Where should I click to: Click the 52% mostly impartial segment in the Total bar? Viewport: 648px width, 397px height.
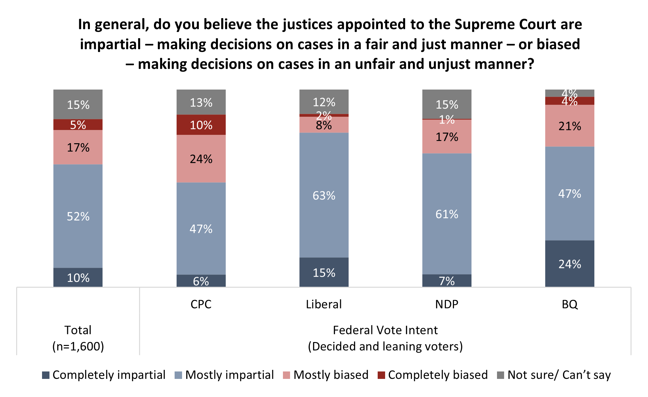click(x=78, y=216)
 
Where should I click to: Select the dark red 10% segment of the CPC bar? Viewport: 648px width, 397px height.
click(x=201, y=125)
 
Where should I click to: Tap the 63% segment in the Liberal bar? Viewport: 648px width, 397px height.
click(x=324, y=195)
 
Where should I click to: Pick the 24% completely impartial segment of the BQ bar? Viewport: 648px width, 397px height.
click(x=569, y=264)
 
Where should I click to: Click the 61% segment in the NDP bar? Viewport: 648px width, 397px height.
click(x=447, y=214)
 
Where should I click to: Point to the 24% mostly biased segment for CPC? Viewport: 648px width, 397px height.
click(x=201, y=159)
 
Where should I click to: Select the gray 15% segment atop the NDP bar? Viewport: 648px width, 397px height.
click(x=447, y=104)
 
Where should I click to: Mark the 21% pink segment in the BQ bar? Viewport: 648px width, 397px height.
click(x=569, y=126)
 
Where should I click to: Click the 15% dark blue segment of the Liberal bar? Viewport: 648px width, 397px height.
click(x=324, y=273)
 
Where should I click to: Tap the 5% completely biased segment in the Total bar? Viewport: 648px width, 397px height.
click(x=78, y=125)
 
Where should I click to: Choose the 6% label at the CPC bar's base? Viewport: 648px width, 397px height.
click(x=201, y=281)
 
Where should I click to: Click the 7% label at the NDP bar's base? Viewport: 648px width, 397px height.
click(x=447, y=281)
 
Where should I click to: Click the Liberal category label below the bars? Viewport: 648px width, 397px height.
click(x=324, y=304)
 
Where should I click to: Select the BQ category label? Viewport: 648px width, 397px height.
click(x=569, y=304)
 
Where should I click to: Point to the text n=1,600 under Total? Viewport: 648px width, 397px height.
click(x=78, y=346)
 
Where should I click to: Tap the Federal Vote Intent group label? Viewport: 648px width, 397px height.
click(x=385, y=330)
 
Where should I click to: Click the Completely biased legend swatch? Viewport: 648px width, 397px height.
click(x=382, y=375)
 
